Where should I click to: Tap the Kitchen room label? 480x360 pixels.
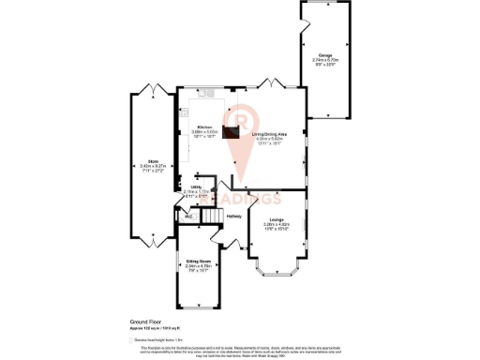[x=204, y=127]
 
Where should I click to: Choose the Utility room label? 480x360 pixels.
[x=198, y=187]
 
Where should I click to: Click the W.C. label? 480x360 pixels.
[x=188, y=217]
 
